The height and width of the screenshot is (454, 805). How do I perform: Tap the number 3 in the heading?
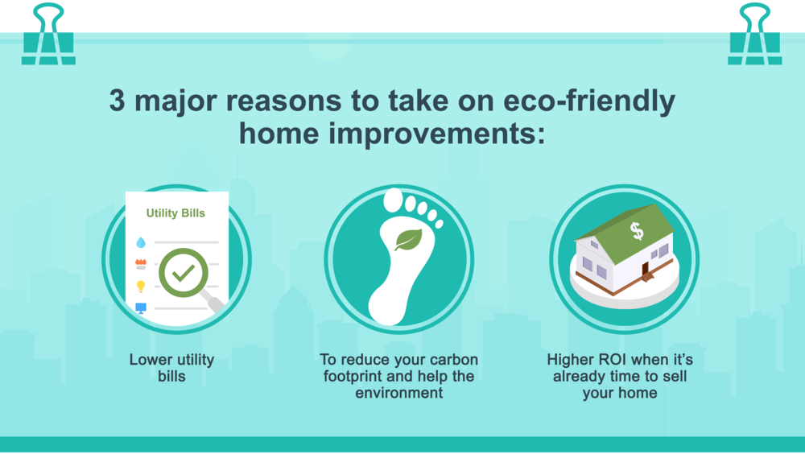[x=117, y=100]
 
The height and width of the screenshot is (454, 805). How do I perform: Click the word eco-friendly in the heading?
[x=589, y=101]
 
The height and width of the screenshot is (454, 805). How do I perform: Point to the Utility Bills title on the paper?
[x=175, y=213]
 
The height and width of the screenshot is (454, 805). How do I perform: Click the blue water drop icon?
[x=141, y=242]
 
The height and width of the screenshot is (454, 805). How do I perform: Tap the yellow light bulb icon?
[x=141, y=286]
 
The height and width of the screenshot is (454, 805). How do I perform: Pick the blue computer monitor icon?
[x=141, y=308]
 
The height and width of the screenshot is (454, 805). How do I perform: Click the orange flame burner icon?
[x=141, y=264]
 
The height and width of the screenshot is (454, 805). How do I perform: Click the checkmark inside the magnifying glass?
[x=184, y=273]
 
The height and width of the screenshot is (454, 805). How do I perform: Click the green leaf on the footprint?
[x=409, y=240]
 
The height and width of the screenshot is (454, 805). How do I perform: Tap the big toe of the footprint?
[x=394, y=200]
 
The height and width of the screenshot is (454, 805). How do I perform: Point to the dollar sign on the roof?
[x=637, y=231]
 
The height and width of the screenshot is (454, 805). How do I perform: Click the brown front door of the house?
[x=646, y=269]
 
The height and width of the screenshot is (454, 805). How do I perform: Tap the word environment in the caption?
[x=399, y=393]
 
